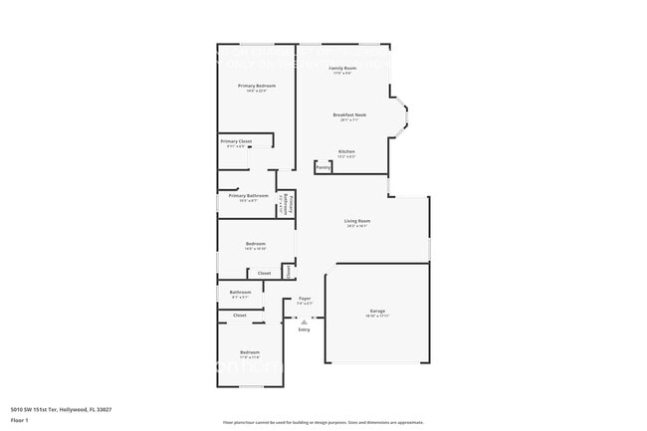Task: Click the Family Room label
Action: [x=342, y=68]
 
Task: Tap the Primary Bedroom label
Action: [x=256, y=87]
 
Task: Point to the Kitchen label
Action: [x=346, y=152]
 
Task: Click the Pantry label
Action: [x=323, y=167]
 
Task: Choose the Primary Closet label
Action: [x=236, y=141]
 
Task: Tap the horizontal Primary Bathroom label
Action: [x=248, y=196]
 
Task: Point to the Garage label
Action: [x=377, y=311]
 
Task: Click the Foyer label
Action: [x=305, y=299]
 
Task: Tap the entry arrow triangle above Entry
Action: [x=304, y=320]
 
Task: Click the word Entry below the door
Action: [x=304, y=329]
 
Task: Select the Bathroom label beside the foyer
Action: [x=241, y=293]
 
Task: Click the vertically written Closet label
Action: [x=287, y=270]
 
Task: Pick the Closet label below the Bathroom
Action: [x=240, y=315]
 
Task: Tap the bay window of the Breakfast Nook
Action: [x=400, y=116]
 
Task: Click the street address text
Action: [x=61, y=409]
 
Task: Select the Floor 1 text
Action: [x=20, y=420]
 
